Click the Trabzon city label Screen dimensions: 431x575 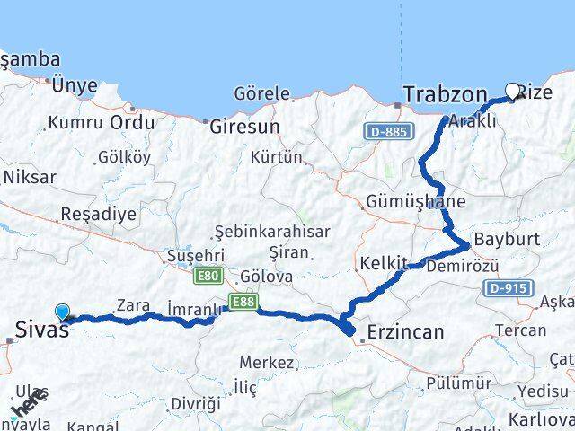pos(445,94)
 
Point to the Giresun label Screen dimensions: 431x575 pos(244,127)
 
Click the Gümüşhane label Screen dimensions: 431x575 pos(416,202)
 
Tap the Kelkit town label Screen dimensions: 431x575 pos(384,263)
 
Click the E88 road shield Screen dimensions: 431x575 pos(242,303)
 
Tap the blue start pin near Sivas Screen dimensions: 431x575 pos(62,312)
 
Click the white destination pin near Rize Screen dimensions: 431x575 pos(513,91)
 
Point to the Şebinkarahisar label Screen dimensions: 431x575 pos(272,232)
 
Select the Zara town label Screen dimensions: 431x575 pos(133,305)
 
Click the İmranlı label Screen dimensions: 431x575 pos(194,310)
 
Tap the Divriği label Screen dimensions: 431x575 pos(196,403)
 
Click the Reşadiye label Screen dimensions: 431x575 pos(98,214)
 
